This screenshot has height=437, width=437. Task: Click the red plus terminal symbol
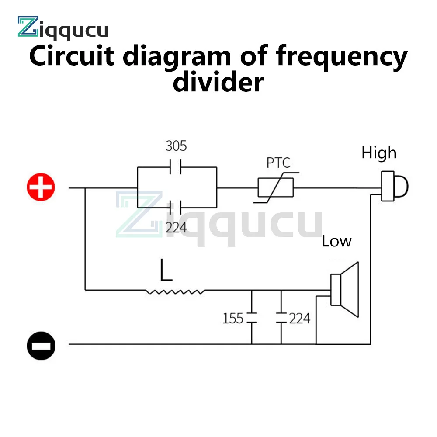click(x=41, y=188)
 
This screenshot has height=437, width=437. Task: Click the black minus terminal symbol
click(x=41, y=345)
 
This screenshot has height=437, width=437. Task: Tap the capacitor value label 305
click(x=176, y=146)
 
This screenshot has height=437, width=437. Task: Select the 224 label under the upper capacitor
click(x=176, y=227)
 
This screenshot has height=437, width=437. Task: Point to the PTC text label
click(x=278, y=163)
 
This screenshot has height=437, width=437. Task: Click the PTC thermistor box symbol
click(x=275, y=188)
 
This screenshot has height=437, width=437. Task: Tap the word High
click(x=379, y=153)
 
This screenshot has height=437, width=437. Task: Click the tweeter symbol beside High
click(x=393, y=187)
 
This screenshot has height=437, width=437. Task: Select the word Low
click(x=336, y=241)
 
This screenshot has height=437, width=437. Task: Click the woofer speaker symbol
click(x=345, y=289)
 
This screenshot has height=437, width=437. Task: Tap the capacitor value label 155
click(x=233, y=318)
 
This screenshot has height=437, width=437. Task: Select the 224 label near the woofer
click(x=299, y=318)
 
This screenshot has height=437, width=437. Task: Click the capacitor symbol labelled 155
click(x=252, y=318)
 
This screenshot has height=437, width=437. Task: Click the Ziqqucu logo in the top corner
click(x=62, y=28)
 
